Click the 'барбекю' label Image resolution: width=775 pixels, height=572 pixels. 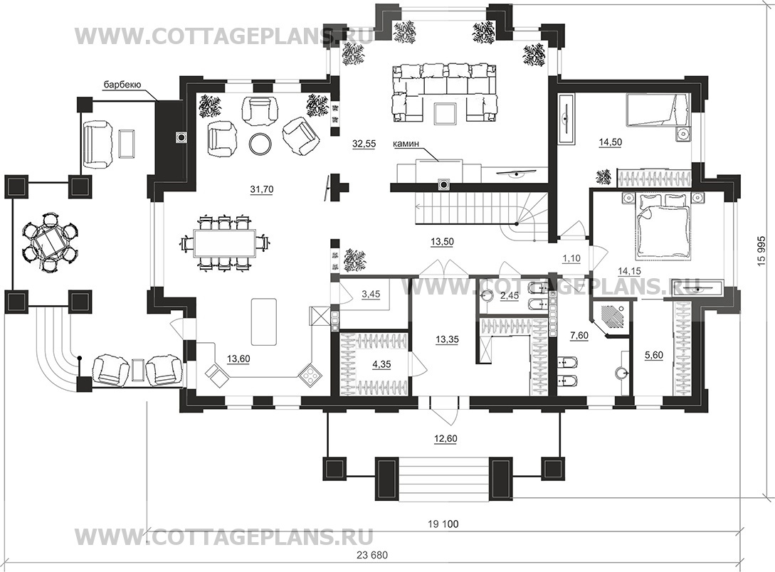pos(122,85)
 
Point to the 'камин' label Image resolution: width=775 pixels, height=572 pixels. pos(406,144)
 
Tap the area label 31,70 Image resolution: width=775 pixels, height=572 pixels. pos(261,189)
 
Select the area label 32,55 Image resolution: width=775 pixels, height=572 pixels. pos(364,144)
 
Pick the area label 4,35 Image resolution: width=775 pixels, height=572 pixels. pos(381,364)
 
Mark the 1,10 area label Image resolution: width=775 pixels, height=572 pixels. pos(571,258)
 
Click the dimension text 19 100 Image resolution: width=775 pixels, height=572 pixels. pos(443,524)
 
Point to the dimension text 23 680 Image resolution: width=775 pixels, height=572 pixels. pos(371,555)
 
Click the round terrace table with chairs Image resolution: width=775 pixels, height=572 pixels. pos(50,242)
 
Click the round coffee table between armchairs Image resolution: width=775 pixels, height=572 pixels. pos(260,144)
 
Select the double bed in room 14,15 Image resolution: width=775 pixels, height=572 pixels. pos(663,224)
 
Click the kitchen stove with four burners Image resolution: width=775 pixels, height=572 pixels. pos(310,375)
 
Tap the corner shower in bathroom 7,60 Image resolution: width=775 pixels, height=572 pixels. pos(611,319)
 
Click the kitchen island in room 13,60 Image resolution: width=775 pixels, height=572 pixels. pos(264,322)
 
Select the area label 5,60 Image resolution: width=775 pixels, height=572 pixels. pos(655,355)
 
